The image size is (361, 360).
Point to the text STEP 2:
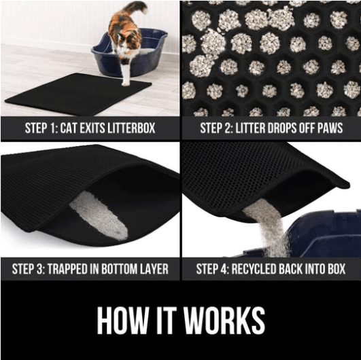(x=217, y=128)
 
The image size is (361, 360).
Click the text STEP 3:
(x=29, y=268)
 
